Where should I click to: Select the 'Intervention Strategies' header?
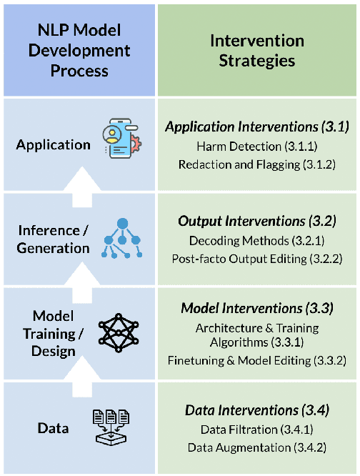coord(257,50)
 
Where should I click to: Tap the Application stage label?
coord(54,144)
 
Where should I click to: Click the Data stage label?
coord(53,428)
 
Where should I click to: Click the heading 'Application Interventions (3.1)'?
coord(257,127)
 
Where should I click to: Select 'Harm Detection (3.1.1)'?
coord(257,146)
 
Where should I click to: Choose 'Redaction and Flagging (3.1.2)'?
coord(257,164)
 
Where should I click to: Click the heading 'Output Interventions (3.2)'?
coord(257,222)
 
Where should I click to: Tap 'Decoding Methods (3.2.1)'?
coord(257,240)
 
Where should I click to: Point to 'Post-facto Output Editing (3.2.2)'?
coord(257,258)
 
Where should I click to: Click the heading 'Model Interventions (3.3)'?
coord(257,309)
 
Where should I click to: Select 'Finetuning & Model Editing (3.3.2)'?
coord(257,360)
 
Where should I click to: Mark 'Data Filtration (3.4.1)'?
coord(257,430)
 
